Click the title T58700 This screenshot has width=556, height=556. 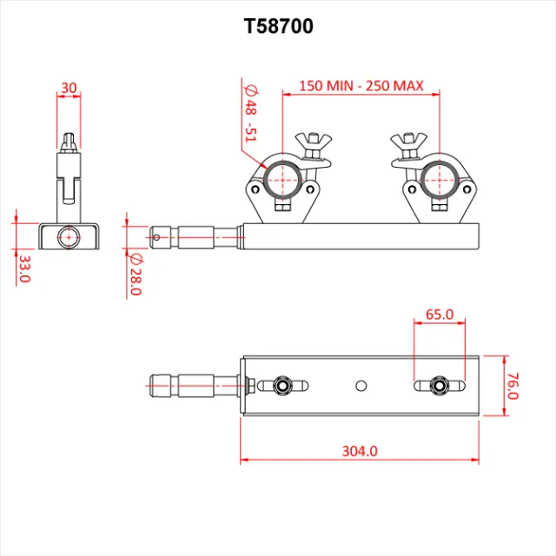pos(278,27)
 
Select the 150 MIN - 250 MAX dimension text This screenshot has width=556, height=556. pos(361,85)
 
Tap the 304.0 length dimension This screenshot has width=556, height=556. pos(360,451)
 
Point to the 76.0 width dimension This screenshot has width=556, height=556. pos(513,385)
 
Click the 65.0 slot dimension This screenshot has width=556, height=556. pos(440,315)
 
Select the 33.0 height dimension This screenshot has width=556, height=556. pos(24,268)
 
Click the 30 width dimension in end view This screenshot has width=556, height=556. pos(69,88)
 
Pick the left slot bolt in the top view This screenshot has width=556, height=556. pos(281,385)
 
